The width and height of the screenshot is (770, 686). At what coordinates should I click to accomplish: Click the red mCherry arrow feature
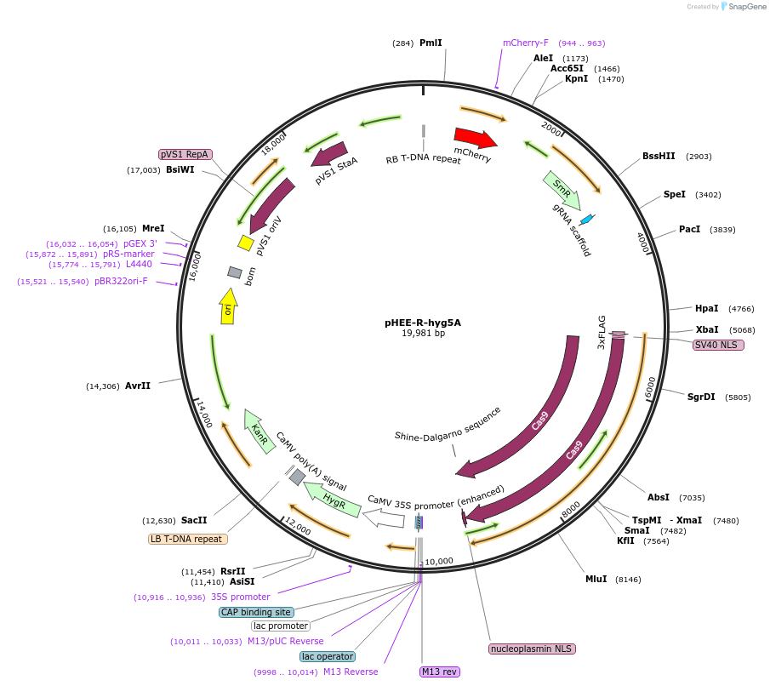click(475, 138)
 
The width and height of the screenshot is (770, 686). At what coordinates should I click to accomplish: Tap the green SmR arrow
click(562, 191)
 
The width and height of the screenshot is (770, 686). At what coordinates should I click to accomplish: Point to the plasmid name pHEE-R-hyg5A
click(423, 323)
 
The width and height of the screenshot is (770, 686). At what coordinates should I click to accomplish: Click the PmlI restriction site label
click(431, 43)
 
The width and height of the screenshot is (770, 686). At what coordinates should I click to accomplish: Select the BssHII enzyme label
click(659, 156)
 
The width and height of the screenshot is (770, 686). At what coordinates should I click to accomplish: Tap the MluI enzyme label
click(596, 579)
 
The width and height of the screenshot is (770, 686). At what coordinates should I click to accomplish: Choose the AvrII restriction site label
click(137, 386)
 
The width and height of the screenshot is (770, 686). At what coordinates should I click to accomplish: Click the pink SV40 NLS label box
click(718, 345)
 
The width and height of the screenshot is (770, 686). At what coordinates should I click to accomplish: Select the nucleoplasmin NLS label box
click(532, 649)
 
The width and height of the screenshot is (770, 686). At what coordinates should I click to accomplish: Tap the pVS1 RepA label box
click(185, 154)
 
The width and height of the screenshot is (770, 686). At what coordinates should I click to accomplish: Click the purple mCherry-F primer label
click(525, 43)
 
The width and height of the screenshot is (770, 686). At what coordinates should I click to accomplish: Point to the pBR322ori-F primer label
click(120, 281)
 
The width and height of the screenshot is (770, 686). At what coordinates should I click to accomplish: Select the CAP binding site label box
click(256, 612)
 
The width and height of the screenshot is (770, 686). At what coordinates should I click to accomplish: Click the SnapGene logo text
click(741, 7)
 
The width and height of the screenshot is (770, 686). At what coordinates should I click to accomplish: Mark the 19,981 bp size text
click(423, 334)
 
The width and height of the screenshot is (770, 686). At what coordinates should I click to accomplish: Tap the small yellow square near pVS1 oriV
click(245, 243)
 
